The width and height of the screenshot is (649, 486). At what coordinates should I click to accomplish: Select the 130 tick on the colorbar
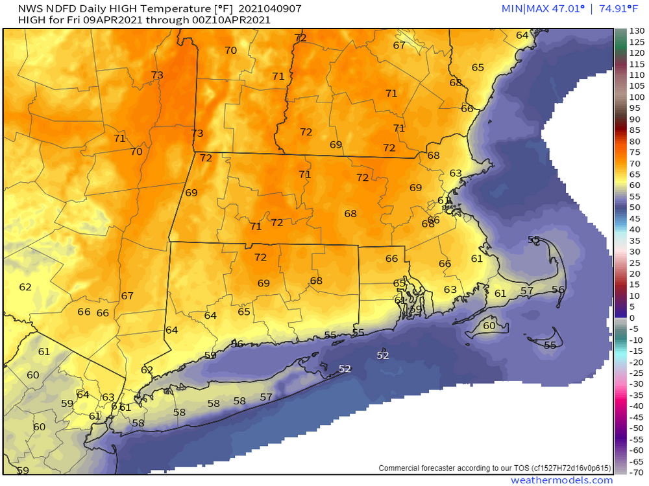pos(637,31)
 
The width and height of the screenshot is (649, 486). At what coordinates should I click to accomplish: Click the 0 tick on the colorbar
pos(633,318)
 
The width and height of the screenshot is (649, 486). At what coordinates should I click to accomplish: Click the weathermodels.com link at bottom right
pos(562,480)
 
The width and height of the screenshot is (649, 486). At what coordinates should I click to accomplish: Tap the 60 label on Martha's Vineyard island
pos(489,325)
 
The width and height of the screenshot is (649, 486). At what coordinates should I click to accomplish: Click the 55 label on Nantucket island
pos(550,345)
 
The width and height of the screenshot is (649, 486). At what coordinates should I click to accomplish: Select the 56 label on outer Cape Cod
pos(557,290)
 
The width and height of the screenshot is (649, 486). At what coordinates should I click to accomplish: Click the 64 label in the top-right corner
pos(522,35)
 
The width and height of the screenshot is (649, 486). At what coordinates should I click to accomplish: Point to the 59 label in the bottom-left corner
pos(23,470)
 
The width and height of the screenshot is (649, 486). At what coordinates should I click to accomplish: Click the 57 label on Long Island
pos(266,397)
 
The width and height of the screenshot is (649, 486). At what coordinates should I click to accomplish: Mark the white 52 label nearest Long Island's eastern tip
pos(345,369)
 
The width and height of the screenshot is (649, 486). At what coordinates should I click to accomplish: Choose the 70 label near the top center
pos(230,51)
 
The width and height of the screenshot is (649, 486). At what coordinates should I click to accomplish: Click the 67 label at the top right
pos(399,45)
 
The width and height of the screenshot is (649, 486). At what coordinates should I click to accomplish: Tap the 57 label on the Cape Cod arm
pos(527,291)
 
